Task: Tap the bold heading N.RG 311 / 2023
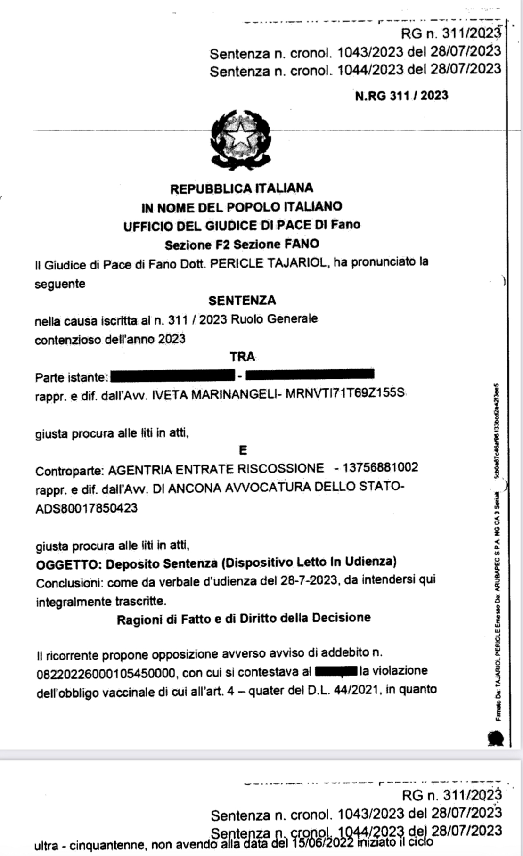tap(401, 96)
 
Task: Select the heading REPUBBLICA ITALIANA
tap(241, 188)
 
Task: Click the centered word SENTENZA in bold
tap(242, 301)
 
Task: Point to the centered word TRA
tap(242, 357)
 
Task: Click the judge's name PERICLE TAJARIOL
tap(268, 263)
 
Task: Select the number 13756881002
tap(380, 467)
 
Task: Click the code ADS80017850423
tap(87, 508)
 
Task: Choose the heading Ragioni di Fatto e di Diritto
tap(243, 619)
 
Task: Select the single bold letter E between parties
tap(243, 450)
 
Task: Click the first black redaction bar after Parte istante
tap(172, 376)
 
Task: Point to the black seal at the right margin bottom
tap(496, 738)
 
